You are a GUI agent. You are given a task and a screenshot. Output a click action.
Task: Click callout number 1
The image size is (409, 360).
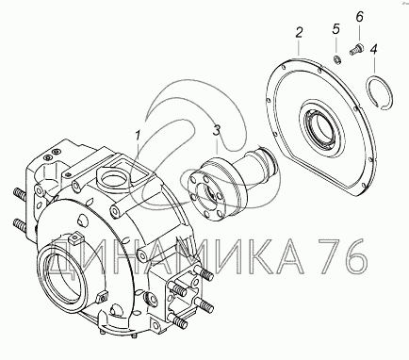tap(138, 136)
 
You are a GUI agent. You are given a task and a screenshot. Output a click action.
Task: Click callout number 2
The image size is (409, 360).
tap(299, 33)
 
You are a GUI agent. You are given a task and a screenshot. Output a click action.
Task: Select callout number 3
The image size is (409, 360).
tap(217, 130)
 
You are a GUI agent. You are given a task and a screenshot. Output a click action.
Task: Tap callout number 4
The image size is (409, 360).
tap(374, 49)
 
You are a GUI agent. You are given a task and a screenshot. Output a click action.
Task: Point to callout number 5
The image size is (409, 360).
tap(335, 29)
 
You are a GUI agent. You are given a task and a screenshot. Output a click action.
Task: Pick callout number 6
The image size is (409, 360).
tap(359, 16)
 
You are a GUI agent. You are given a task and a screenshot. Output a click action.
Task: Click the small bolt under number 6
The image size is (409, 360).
tap(356, 49)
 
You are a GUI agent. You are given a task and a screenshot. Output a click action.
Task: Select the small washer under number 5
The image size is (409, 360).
tap(337, 59)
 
